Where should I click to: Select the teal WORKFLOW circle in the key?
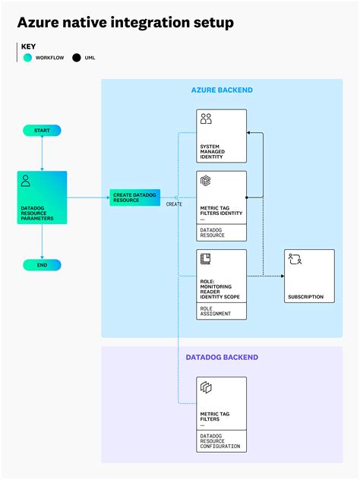pos(27,57)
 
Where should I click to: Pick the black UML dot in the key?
pos(76,57)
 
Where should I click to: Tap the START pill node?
pos(42,131)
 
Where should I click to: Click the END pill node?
pos(42,265)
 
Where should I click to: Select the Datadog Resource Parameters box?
pos(42,197)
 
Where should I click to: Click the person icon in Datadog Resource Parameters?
pos(26,182)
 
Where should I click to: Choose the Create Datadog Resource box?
pos(134,197)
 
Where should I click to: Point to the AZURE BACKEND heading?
pos(222,90)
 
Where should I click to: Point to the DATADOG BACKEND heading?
pos(222,357)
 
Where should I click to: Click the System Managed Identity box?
pos(222,136)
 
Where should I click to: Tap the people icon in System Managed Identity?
pos(206,119)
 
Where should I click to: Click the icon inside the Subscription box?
pos(295,259)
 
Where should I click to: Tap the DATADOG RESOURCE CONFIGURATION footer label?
pos(220,441)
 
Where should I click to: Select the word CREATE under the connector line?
pos(174,204)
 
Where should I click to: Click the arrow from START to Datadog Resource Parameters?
pos(42,154)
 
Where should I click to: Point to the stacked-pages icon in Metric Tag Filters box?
pos(206,387)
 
